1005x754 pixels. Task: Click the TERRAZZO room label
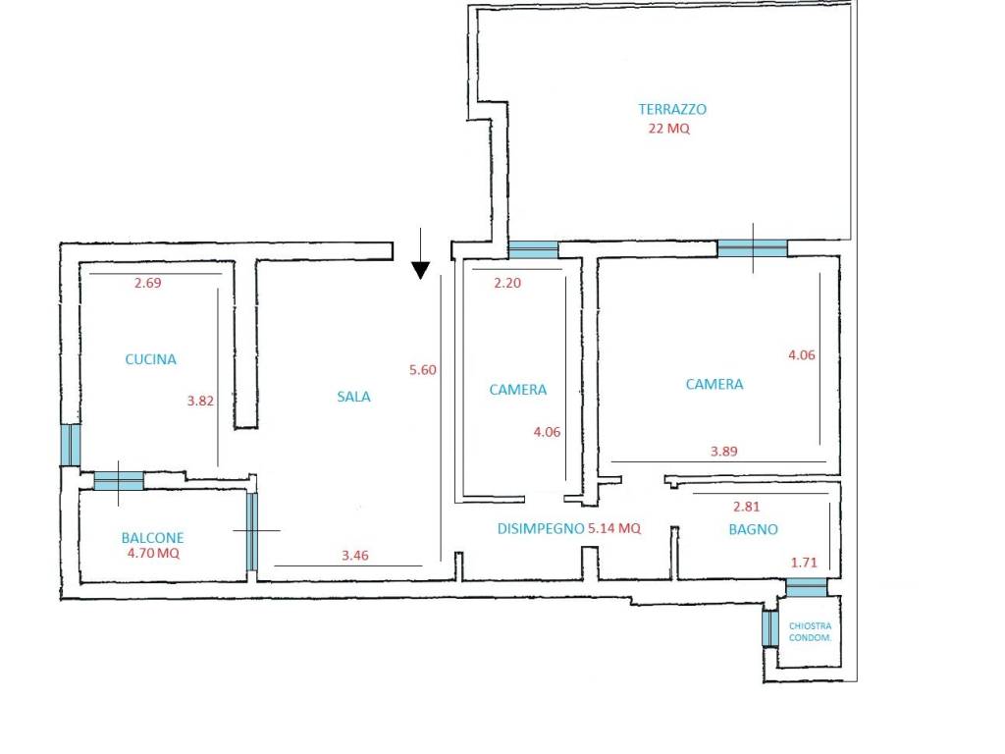click(672, 109)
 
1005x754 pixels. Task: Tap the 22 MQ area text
click(669, 129)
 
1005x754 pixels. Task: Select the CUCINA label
click(150, 359)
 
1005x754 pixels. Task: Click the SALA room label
click(353, 397)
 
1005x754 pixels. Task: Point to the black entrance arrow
click(420, 254)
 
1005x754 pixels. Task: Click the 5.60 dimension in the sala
click(423, 370)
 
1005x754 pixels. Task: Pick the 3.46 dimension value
click(355, 556)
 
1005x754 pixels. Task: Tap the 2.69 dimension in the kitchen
click(147, 283)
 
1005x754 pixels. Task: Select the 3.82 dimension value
click(200, 401)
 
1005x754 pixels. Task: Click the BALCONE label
click(152, 537)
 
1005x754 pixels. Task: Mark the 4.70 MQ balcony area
click(153, 553)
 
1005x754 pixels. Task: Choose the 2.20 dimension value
click(507, 283)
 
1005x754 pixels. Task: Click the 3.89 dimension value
click(724, 452)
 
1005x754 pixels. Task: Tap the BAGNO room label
click(754, 529)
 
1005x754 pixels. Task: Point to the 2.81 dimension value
click(747, 507)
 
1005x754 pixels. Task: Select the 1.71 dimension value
click(805, 563)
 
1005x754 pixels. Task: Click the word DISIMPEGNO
click(541, 528)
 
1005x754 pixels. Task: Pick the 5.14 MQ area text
click(614, 528)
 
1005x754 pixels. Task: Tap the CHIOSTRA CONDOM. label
click(810, 631)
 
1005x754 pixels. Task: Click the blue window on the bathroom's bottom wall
click(807, 587)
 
